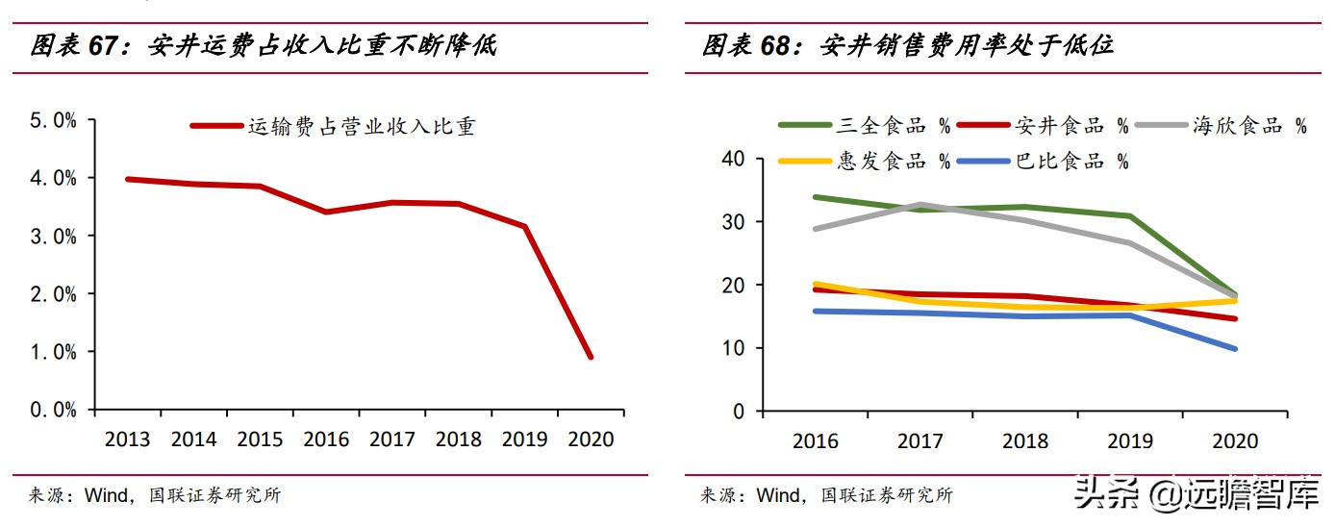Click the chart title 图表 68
coord(908,45)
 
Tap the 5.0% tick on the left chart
coord(54,121)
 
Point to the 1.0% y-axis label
coord(54,352)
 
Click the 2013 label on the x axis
coord(128,439)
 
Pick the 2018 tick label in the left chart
coord(458,439)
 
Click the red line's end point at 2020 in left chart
coord(591,357)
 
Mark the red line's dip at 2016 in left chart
coord(327,212)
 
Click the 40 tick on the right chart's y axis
coord(733,159)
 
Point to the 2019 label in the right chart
coord(1130,441)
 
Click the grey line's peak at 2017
coord(920,205)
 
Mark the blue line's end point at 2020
coord(1235,348)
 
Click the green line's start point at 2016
coord(815,197)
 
